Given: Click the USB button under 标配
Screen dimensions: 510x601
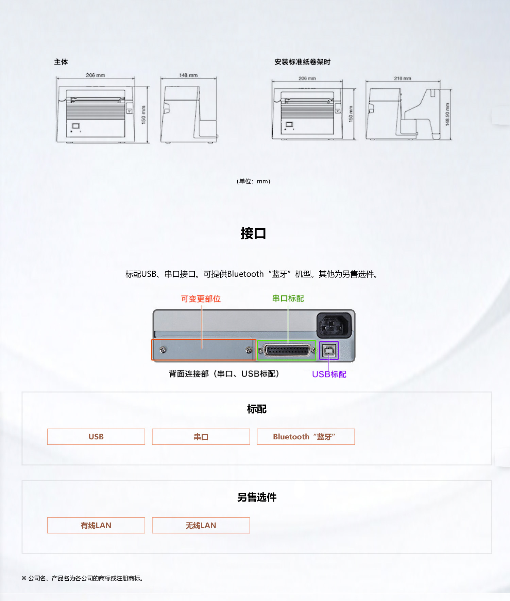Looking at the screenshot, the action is (96, 437).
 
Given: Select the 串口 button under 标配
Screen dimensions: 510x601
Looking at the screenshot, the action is (201, 437).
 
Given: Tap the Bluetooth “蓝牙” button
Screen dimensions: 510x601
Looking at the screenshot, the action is (306, 437).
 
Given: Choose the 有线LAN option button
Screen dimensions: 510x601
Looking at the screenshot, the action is (96, 525).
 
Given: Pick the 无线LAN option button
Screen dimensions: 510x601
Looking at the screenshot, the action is (201, 525).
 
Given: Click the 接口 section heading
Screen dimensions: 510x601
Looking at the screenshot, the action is (253, 234).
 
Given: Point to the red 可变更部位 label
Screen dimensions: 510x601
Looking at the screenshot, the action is (201, 299).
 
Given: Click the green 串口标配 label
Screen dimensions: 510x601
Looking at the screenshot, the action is (288, 298).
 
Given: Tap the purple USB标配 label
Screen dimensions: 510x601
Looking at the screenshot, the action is (329, 374).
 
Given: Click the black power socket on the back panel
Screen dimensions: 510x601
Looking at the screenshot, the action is (334, 325).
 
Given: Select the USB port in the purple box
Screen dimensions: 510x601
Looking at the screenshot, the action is (329, 351).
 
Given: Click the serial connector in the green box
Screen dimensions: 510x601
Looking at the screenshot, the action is (287, 350).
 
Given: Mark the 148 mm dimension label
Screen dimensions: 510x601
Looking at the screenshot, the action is (188, 75).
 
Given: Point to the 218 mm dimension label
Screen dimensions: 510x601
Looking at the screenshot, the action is (403, 78).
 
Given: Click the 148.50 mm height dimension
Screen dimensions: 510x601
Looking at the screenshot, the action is (447, 114).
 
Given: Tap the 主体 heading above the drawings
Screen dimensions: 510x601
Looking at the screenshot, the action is (61, 62).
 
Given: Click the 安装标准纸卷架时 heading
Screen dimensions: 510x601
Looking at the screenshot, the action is (303, 62).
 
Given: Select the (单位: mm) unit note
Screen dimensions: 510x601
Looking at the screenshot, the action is (254, 181).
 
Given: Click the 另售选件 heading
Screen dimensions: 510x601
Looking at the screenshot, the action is (257, 497).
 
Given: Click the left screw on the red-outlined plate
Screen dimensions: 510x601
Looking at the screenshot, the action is (163, 350).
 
